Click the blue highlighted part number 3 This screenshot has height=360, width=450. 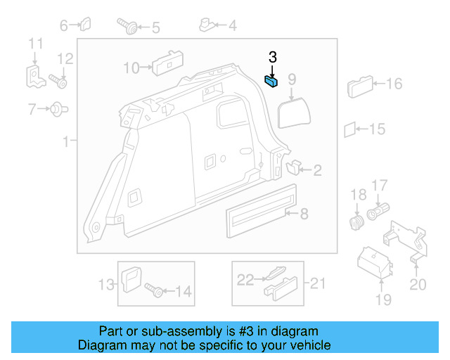tap(271, 81)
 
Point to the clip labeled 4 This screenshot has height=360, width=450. tap(208, 26)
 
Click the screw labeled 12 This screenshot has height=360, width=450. tap(59, 82)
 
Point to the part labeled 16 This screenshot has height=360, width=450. tap(359, 87)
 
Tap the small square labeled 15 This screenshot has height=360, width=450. tap(349, 129)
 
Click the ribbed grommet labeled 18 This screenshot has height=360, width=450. tap(356, 224)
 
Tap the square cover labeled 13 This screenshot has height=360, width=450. tap(131, 282)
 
